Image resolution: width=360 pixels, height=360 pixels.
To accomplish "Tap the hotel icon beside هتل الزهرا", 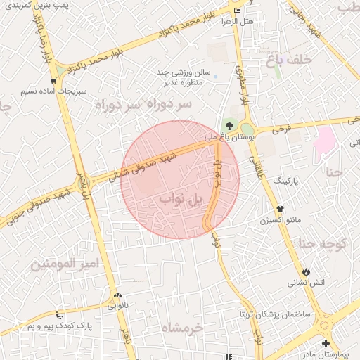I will pyautogui.click(x=236, y=11).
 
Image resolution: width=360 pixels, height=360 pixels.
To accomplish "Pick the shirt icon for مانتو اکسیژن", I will pyautogui.click(x=280, y=209).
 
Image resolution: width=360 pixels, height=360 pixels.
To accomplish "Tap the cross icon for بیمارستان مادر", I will pyautogui.click(x=326, y=343).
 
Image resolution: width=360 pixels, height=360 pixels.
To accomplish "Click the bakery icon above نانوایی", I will pyautogui.click(x=117, y=296).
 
